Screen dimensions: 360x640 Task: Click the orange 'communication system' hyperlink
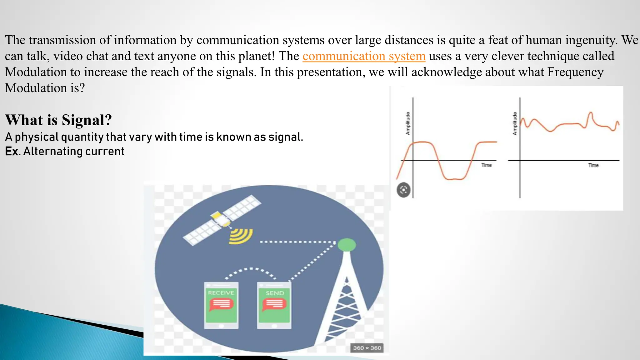coord(364,56)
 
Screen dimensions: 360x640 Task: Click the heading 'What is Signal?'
coord(58,120)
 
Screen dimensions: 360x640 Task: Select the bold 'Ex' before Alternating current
coord(11,152)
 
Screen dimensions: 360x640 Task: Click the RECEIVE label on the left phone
coord(221,293)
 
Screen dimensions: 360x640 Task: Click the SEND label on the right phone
coord(275,293)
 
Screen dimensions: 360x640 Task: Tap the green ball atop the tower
coord(347,245)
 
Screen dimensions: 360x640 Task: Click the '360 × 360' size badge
coord(367,348)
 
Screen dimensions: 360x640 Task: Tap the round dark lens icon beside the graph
coord(403,190)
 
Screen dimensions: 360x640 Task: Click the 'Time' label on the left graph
coord(486,165)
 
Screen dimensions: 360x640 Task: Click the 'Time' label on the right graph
coord(593,165)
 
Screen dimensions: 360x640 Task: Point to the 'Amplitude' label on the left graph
coord(407,123)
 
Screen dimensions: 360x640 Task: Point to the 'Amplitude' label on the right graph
coord(515,123)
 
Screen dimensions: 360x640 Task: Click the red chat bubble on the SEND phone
coord(274,304)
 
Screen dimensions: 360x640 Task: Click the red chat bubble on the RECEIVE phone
coord(221,304)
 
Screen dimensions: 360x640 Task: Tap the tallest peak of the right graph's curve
coord(591,113)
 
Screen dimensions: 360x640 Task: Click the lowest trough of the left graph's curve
coord(453,179)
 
